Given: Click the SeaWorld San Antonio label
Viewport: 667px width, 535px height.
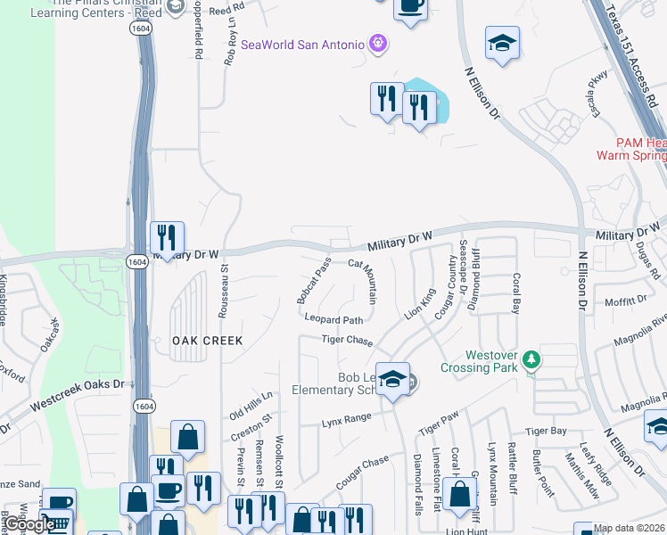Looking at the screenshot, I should (302, 45).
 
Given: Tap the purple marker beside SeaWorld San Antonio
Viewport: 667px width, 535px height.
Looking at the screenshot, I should (378, 44).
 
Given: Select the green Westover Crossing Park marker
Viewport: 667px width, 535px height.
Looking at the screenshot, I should (531, 359).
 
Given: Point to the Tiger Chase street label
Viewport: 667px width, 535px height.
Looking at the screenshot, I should (347, 340).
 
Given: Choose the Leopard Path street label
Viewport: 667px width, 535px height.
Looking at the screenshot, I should (333, 319).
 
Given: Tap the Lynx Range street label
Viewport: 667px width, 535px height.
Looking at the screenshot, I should (346, 418).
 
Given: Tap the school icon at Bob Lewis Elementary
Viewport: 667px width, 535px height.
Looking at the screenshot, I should (391, 381).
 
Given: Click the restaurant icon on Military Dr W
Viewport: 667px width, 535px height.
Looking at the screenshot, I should (167, 239).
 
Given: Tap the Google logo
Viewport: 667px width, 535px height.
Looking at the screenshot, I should (28, 525).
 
